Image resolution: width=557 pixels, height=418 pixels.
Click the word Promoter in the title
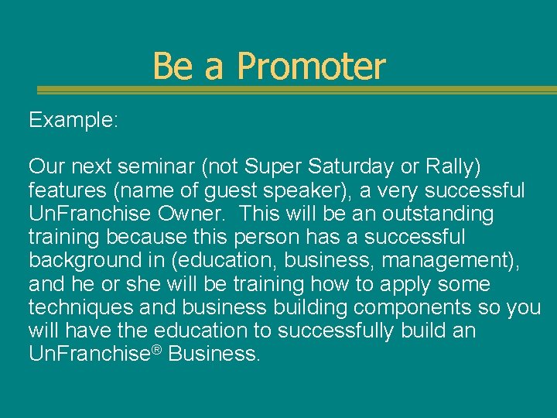311,67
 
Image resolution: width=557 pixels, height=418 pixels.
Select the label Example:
73,120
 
